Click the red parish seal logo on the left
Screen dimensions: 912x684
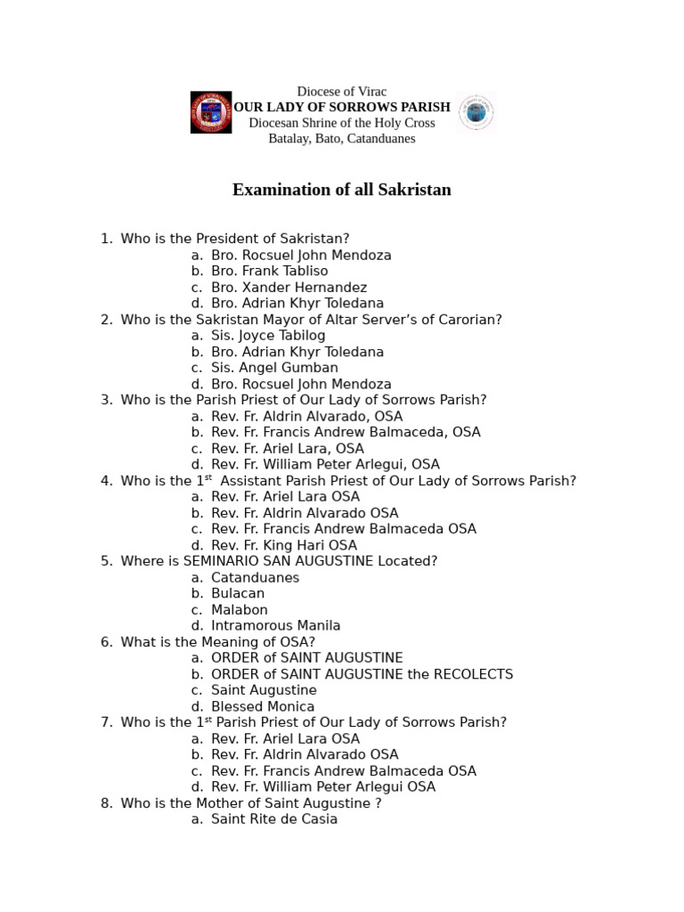click(210, 112)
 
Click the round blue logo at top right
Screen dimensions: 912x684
click(476, 112)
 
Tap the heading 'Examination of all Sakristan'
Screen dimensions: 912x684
click(342, 190)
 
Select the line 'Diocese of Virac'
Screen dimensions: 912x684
click(342, 92)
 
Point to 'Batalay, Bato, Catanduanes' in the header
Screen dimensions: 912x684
click(342, 138)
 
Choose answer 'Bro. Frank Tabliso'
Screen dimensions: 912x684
click(269, 271)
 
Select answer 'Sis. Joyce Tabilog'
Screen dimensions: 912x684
click(268, 335)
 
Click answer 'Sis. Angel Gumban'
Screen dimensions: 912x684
click(274, 367)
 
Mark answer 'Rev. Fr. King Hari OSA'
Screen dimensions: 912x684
click(284, 545)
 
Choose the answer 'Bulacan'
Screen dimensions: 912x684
click(238, 593)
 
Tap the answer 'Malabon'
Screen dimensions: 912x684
click(240, 609)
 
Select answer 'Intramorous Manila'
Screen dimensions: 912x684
click(276, 625)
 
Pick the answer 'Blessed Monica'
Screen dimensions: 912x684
click(263, 706)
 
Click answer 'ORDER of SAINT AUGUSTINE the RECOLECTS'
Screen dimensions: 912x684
click(362, 674)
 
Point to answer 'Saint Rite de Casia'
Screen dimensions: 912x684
click(274, 818)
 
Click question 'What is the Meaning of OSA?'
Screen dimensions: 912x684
click(218, 641)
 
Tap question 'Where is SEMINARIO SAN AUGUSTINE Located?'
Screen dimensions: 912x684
click(279, 561)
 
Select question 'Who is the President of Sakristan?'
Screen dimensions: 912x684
click(235, 239)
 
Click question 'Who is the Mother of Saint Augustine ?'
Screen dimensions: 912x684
click(251, 802)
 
